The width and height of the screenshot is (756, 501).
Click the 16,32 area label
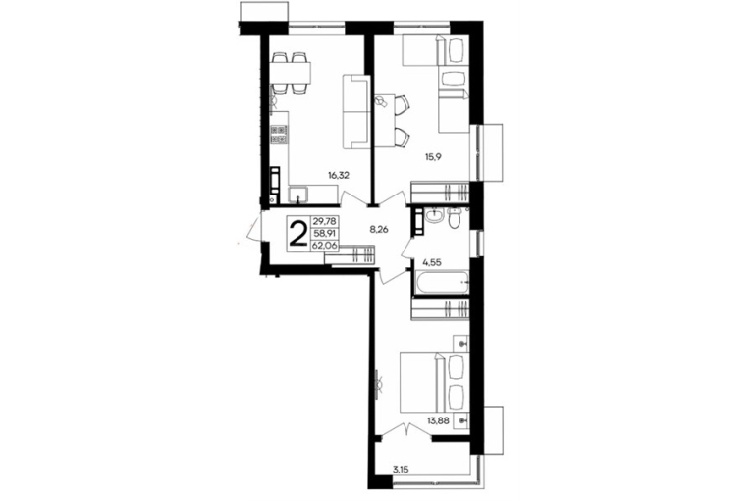(x=339, y=176)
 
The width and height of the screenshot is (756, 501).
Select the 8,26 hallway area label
(x=379, y=230)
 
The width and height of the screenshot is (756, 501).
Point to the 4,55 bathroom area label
(x=432, y=263)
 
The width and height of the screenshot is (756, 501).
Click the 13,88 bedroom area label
(x=438, y=420)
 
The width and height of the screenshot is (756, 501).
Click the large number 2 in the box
(x=298, y=233)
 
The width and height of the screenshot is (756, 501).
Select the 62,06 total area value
(x=326, y=246)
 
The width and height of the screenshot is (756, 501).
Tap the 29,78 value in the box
(x=326, y=221)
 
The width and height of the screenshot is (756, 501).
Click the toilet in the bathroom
(x=455, y=218)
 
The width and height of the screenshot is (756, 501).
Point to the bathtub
(x=442, y=281)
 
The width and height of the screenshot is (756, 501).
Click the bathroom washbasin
(x=435, y=215)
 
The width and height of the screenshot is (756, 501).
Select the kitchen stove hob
(x=279, y=134)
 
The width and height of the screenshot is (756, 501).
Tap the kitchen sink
(x=299, y=195)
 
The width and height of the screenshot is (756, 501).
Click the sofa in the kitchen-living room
(x=355, y=111)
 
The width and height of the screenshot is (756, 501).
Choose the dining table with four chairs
(x=291, y=73)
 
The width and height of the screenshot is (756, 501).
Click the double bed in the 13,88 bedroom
(x=435, y=382)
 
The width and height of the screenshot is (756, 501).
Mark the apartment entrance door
(x=253, y=230)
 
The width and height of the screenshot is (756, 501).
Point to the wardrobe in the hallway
(x=351, y=254)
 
